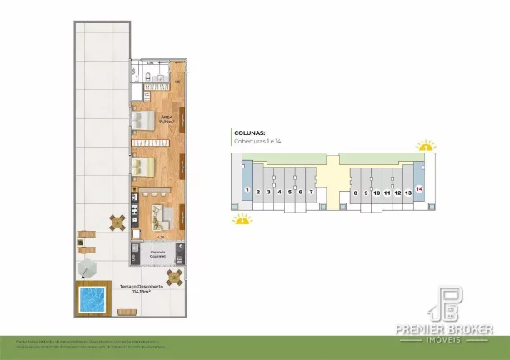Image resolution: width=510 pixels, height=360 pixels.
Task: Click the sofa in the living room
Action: pos(162,218)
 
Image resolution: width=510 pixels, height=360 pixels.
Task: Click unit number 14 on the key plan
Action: pos(419,190)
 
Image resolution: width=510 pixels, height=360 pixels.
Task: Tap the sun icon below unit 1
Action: pos(241,220)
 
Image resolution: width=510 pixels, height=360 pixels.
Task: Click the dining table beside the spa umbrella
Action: pos(117,222)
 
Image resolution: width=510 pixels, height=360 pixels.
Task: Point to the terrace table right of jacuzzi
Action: pos(173,278)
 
